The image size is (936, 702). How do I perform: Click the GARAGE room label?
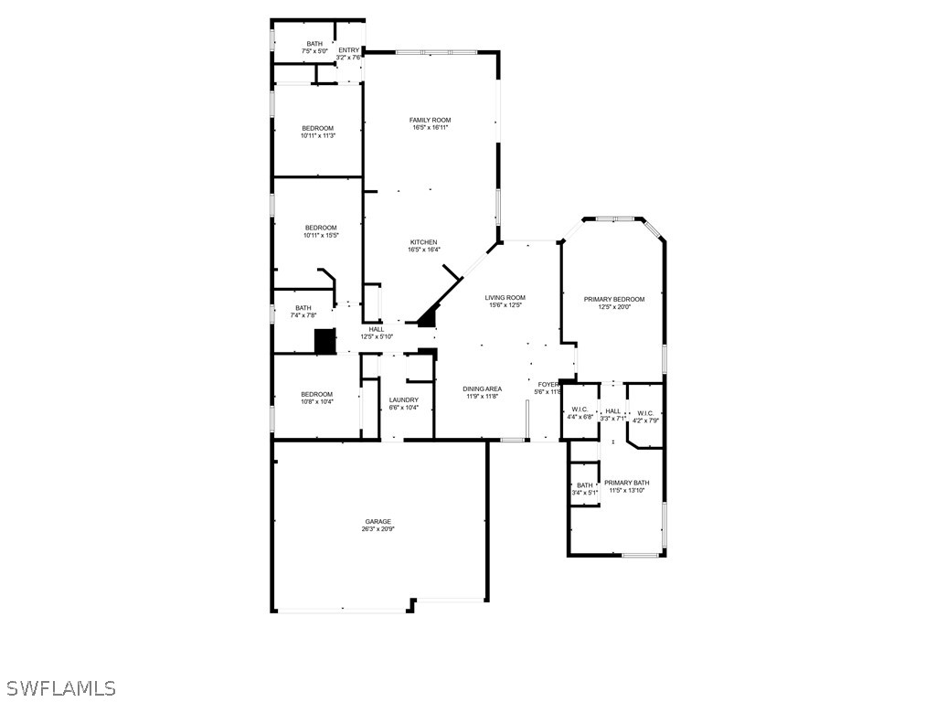point(378,522)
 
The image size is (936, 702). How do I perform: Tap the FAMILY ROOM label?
point(430,121)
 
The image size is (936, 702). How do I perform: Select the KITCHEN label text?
point(423,242)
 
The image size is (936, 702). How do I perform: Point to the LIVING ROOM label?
point(505,297)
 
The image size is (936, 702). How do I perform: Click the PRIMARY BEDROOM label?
point(614,299)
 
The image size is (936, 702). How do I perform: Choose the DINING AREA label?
point(482,388)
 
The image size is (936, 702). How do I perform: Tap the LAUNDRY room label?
point(403,399)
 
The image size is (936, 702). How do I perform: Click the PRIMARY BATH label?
point(626,483)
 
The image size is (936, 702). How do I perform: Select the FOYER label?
point(548,385)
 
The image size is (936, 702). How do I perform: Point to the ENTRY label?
point(349,50)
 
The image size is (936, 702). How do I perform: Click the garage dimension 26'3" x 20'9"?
point(378,529)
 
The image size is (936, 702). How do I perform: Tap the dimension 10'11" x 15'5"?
point(321,235)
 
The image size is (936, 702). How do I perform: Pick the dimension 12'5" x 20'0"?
point(614,306)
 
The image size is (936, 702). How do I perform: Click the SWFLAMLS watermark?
point(61,687)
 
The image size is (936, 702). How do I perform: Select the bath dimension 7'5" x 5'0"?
point(314,51)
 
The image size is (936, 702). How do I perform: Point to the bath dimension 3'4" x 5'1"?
point(585,493)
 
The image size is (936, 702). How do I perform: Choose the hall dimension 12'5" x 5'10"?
point(376,336)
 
